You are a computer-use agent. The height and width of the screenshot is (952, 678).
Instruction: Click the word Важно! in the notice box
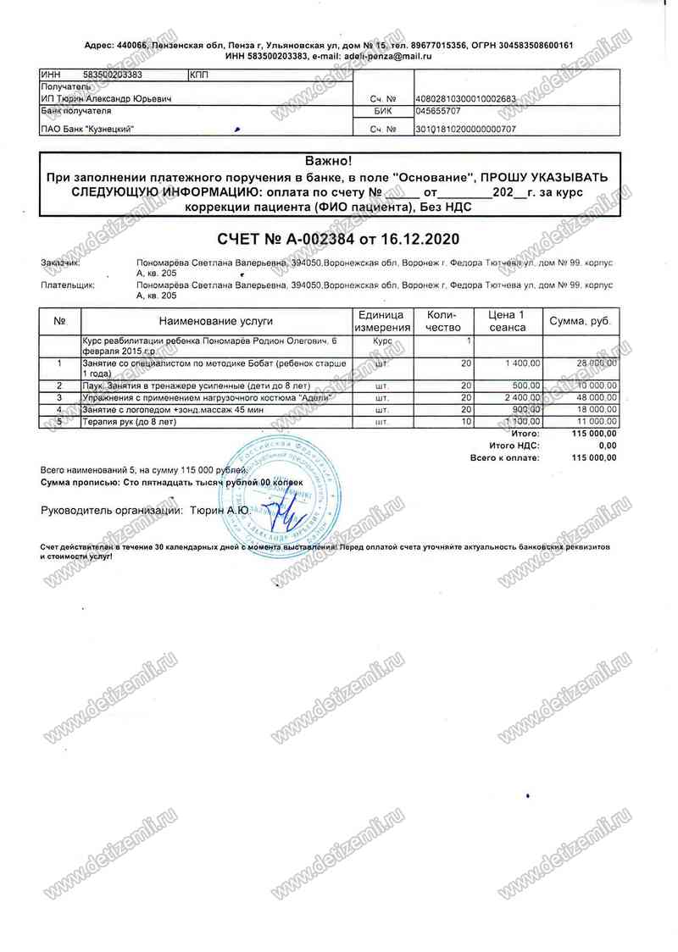coord(326,160)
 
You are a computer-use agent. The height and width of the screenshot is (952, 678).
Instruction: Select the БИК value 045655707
coord(438,111)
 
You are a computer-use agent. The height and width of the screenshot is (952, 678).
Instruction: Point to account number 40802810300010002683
coord(465,99)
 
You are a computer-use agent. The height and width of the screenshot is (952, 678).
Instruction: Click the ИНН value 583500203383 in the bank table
coord(113,75)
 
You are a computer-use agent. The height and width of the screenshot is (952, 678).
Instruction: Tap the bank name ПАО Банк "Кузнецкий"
coord(88,130)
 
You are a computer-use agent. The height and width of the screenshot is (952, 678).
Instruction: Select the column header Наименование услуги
coord(215,322)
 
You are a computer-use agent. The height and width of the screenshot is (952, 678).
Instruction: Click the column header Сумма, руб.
coord(581,322)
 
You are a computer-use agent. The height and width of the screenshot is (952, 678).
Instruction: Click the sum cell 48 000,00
coord(597,397)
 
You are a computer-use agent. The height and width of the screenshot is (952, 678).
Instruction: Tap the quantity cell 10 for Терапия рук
coord(465,421)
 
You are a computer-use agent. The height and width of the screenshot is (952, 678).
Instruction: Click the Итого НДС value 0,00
coord(607,445)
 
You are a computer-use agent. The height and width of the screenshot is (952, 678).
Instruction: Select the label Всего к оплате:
coord(504,457)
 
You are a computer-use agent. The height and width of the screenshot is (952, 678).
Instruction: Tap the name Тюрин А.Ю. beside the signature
coord(219,511)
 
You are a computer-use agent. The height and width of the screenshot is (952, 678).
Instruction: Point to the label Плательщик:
coord(68,285)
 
